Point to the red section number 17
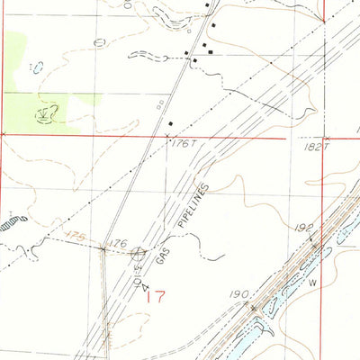coord(154,296)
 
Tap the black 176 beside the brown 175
coord(117,243)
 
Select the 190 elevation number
coord(238,295)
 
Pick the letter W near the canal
coord(313,283)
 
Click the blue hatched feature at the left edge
coord(13,220)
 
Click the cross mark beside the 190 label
coord(254,309)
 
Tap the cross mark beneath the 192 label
coord(314,242)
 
